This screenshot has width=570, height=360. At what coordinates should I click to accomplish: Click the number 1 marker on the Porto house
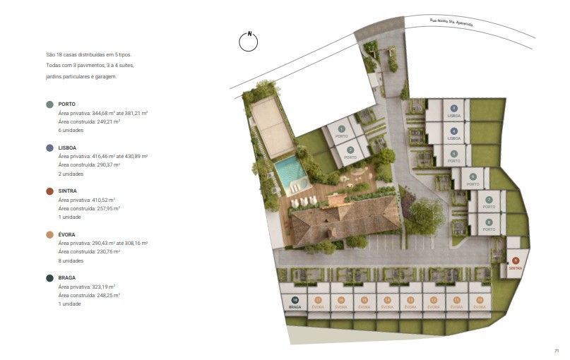pyautogui.click(x=341, y=129)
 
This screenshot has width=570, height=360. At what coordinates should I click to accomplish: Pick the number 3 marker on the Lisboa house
pyautogui.click(x=454, y=108)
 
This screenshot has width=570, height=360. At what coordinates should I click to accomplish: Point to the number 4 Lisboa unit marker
pyautogui.click(x=454, y=131)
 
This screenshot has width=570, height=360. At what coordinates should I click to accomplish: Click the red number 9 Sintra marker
pyautogui.click(x=516, y=261)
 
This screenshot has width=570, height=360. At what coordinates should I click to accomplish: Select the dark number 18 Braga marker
pyautogui.click(x=295, y=300)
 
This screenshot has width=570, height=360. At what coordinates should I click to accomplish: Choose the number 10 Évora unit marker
pyautogui.click(x=480, y=300)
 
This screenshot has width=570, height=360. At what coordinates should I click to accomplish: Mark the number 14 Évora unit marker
pyautogui.click(x=387, y=300)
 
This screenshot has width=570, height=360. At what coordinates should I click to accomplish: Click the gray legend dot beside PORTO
pyautogui.click(x=49, y=104)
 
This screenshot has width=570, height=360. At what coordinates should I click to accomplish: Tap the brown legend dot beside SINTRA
pyautogui.click(x=49, y=191)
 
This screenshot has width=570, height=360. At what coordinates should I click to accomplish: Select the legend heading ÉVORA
pyautogui.click(x=67, y=234)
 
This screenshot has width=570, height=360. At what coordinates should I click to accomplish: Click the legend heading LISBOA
pyautogui.click(x=68, y=148)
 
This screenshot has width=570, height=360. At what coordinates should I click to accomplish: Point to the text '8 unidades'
pyautogui.click(x=71, y=260)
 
